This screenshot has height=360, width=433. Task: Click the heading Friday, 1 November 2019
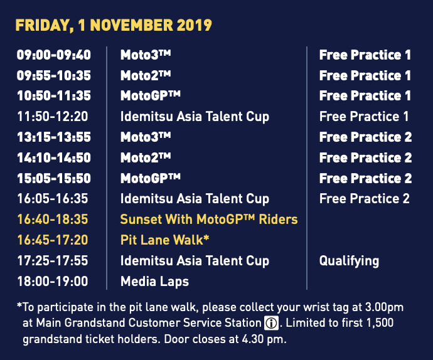tap(114, 26)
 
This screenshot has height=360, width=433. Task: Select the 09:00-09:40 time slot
tap(53, 55)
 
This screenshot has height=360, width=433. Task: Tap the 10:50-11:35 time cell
tap(53, 96)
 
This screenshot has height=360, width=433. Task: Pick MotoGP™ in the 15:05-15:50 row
tap(151, 179)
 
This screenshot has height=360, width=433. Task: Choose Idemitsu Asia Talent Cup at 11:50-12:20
tap(195, 117)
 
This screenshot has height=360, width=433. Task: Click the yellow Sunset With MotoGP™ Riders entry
tap(208, 220)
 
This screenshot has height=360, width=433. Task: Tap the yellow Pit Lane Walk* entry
tap(164, 240)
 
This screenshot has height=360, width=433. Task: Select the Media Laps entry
tap(154, 282)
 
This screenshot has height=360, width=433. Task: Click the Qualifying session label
tap(349, 261)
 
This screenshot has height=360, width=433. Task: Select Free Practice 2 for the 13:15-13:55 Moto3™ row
tap(365, 137)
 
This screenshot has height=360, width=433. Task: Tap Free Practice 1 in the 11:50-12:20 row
tap(364, 117)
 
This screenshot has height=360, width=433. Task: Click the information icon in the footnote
tap(270, 324)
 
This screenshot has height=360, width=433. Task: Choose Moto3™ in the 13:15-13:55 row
tap(146, 137)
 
